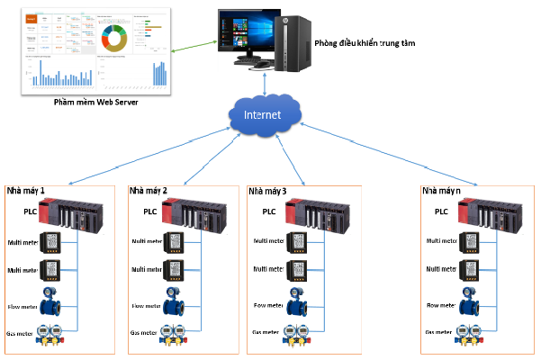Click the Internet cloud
coord(262,116)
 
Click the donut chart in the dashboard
coord(113,38)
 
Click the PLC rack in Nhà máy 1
coord(77,215)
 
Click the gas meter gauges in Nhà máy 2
coord(176,333)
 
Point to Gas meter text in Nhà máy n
coord(438,333)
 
